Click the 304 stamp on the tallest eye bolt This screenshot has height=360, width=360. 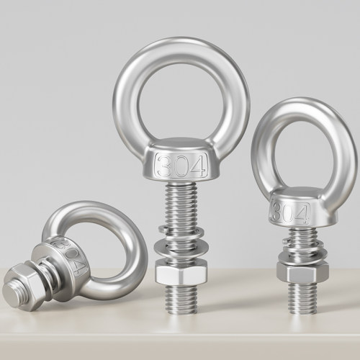pyautogui.click(x=181, y=166)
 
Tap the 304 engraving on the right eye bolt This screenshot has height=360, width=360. pyautogui.click(x=291, y=212)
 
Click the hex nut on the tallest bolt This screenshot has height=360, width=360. pyautogui.click(x=181, y=273)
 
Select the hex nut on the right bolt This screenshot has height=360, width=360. pyautogui.click(x=302, y=271)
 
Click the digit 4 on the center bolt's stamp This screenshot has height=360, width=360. pyautogui.click(x=197, y=166)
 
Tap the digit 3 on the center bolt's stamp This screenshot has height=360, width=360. pyautogui.click(x=166, y=166)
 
